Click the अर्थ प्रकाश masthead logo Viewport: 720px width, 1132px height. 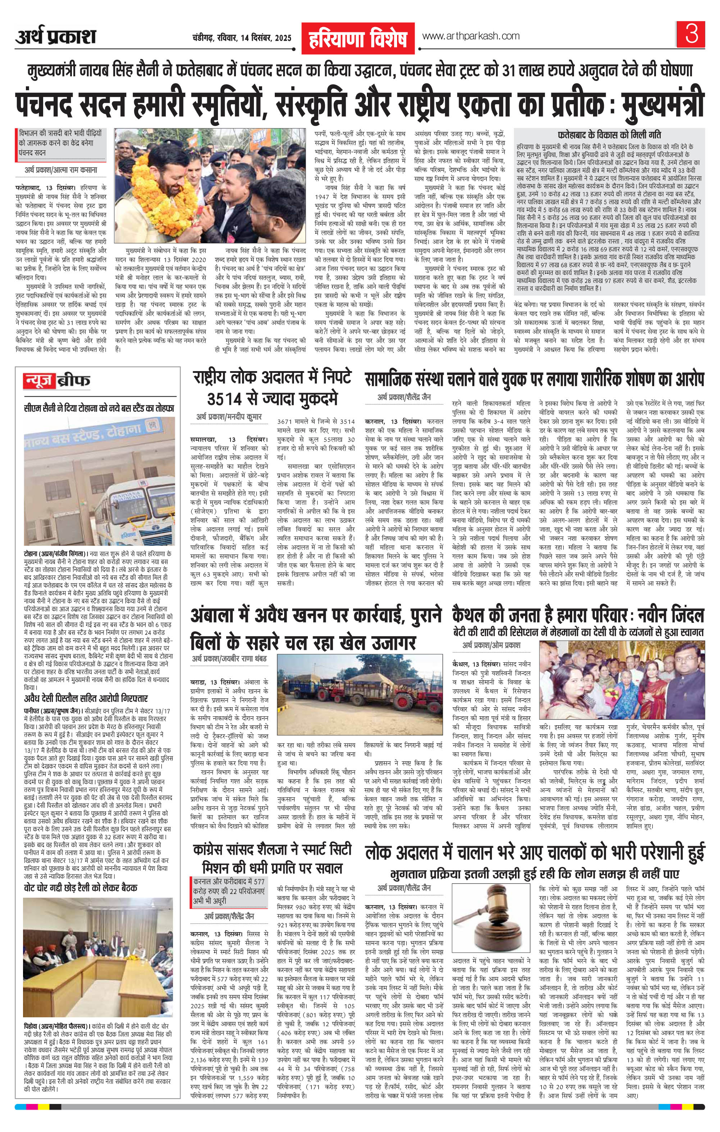coord(55,37)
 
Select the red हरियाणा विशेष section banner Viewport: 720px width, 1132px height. coord(358,38)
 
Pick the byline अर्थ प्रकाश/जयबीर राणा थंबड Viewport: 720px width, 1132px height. coord(229,659)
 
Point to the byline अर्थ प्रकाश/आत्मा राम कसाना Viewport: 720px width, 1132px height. coord(61,170)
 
